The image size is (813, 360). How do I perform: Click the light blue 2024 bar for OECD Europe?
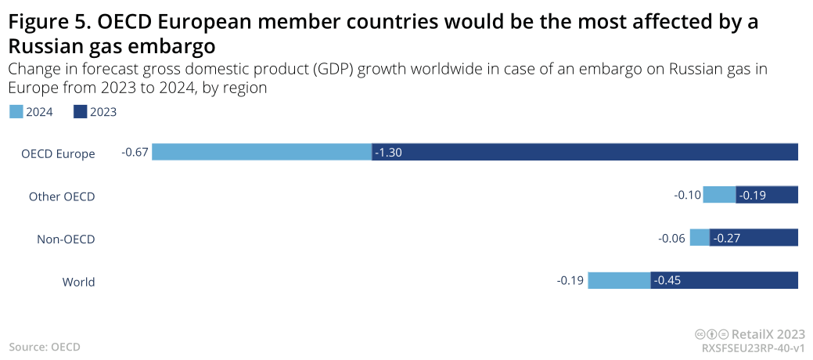261,152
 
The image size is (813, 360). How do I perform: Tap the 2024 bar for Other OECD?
719,195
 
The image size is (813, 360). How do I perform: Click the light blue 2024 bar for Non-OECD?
700,237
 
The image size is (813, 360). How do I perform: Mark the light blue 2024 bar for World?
619,280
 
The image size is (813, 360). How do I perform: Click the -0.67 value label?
135,152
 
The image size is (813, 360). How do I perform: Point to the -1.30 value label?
388,153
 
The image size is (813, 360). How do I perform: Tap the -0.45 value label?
667,281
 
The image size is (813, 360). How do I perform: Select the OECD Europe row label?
58,153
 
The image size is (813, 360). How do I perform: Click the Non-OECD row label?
66,239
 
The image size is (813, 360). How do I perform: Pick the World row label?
78,282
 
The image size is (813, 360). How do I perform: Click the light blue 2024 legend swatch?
16,112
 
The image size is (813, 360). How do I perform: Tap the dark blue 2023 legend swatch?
80,112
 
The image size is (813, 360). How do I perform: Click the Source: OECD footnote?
45,346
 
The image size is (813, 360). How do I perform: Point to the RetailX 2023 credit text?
767,333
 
